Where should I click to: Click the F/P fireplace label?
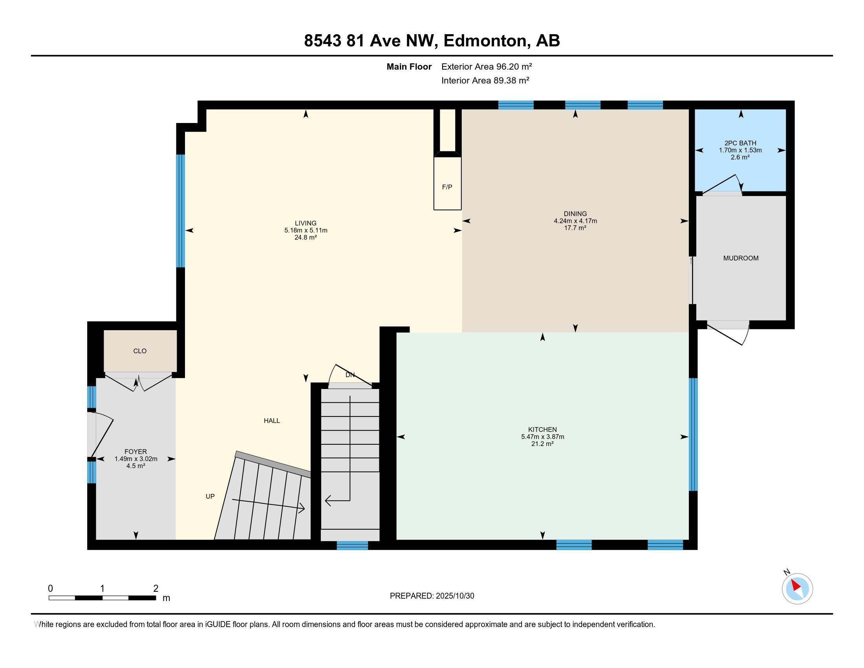447,187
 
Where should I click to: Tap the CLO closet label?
140,351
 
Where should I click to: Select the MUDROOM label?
741,258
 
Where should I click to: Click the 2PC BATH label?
740,143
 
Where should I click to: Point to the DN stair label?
350,375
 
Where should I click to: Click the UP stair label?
210,496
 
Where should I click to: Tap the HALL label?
272,421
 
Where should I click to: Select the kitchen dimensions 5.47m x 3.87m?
542,437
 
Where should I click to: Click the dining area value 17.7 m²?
575,228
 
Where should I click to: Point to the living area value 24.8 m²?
306,237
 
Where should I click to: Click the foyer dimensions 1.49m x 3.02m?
136,459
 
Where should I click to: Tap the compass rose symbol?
797,589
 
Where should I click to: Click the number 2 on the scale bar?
156,589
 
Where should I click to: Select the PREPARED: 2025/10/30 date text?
432,596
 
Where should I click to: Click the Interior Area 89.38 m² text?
485,80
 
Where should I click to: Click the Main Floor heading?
409,66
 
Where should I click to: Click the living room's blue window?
180,211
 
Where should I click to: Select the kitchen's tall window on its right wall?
693,435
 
